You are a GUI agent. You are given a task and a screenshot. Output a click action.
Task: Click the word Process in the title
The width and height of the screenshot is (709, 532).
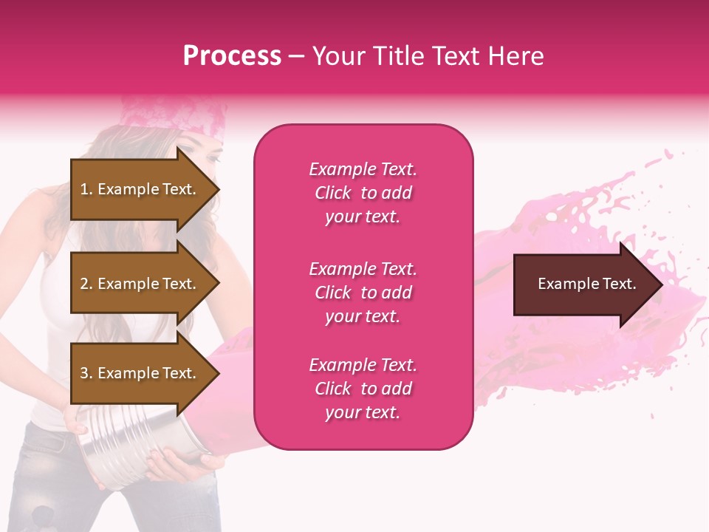pos(232,56)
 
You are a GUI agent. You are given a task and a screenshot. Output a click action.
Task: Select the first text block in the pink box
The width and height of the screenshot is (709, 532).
pos(363,193)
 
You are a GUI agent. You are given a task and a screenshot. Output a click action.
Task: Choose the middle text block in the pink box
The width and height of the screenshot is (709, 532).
pos(363,293)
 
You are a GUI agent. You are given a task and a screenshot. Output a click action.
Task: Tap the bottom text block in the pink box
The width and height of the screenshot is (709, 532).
pos(363,389)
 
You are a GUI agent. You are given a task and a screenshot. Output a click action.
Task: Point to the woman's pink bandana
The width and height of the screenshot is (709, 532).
pos(174,118)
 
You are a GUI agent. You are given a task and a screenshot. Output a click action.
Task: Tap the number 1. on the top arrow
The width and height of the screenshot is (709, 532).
pos(86,189)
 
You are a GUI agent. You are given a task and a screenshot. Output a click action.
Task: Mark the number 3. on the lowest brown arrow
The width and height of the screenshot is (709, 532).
pos(86,373)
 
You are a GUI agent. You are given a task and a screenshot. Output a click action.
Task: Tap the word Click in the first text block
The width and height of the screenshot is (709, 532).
pos(333,193)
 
